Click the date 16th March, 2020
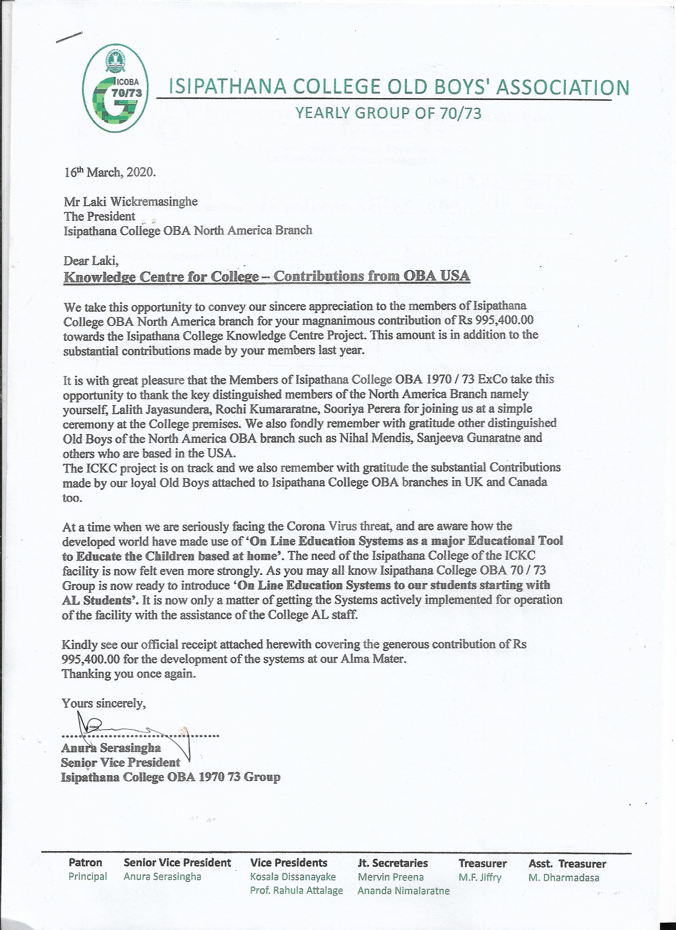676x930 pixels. [x=109, y=172]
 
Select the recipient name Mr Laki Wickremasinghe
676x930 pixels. [x=130, y=202]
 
